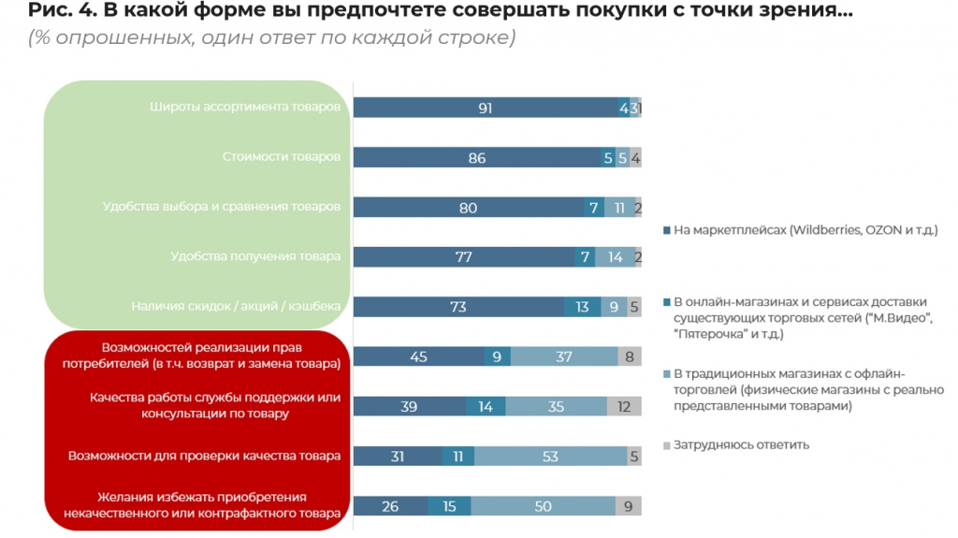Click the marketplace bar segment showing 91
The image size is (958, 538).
(485, 109)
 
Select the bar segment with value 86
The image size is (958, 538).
(477, 158)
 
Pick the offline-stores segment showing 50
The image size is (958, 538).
(542, 506)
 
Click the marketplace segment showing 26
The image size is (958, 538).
(390, 506)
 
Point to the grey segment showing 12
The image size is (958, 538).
(623, 407)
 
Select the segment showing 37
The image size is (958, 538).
(564, 356)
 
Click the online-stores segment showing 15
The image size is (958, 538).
(449, 506)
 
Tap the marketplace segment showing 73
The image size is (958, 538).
(458, 307)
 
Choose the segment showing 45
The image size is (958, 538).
(418, 356)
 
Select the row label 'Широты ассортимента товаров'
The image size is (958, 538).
(245, 107)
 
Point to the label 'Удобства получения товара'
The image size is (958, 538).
(255, 256)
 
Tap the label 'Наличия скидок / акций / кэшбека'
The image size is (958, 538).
(237, 306)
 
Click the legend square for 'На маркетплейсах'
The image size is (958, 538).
(665, 230)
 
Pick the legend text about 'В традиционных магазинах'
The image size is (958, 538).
(808, 389)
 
